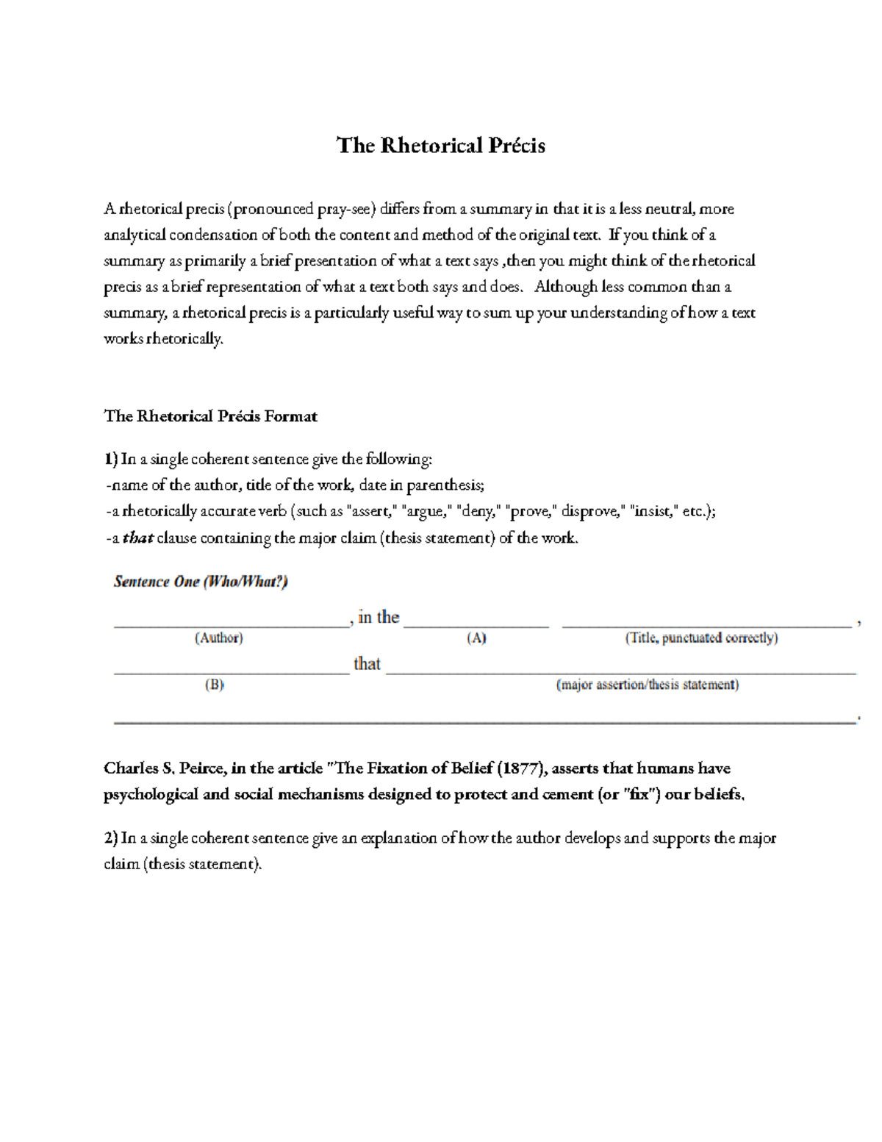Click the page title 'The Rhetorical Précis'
(440, 146)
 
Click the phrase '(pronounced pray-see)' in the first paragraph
(302, 209)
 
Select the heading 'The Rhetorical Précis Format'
(210, 416)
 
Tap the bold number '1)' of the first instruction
(110, 460)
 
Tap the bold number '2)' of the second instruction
(110, 838)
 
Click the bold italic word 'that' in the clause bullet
(137, 538)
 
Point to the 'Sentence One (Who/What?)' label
(201, 582)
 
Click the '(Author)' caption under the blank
(218, 638)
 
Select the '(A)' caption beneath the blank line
(476, 638)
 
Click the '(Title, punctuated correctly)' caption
(701, 638)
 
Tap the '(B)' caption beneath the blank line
(214, 685)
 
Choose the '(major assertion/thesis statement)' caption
(648, 685)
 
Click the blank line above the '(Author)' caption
(231, 625)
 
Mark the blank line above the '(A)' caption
(476, 625)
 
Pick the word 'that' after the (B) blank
(367, 664)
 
